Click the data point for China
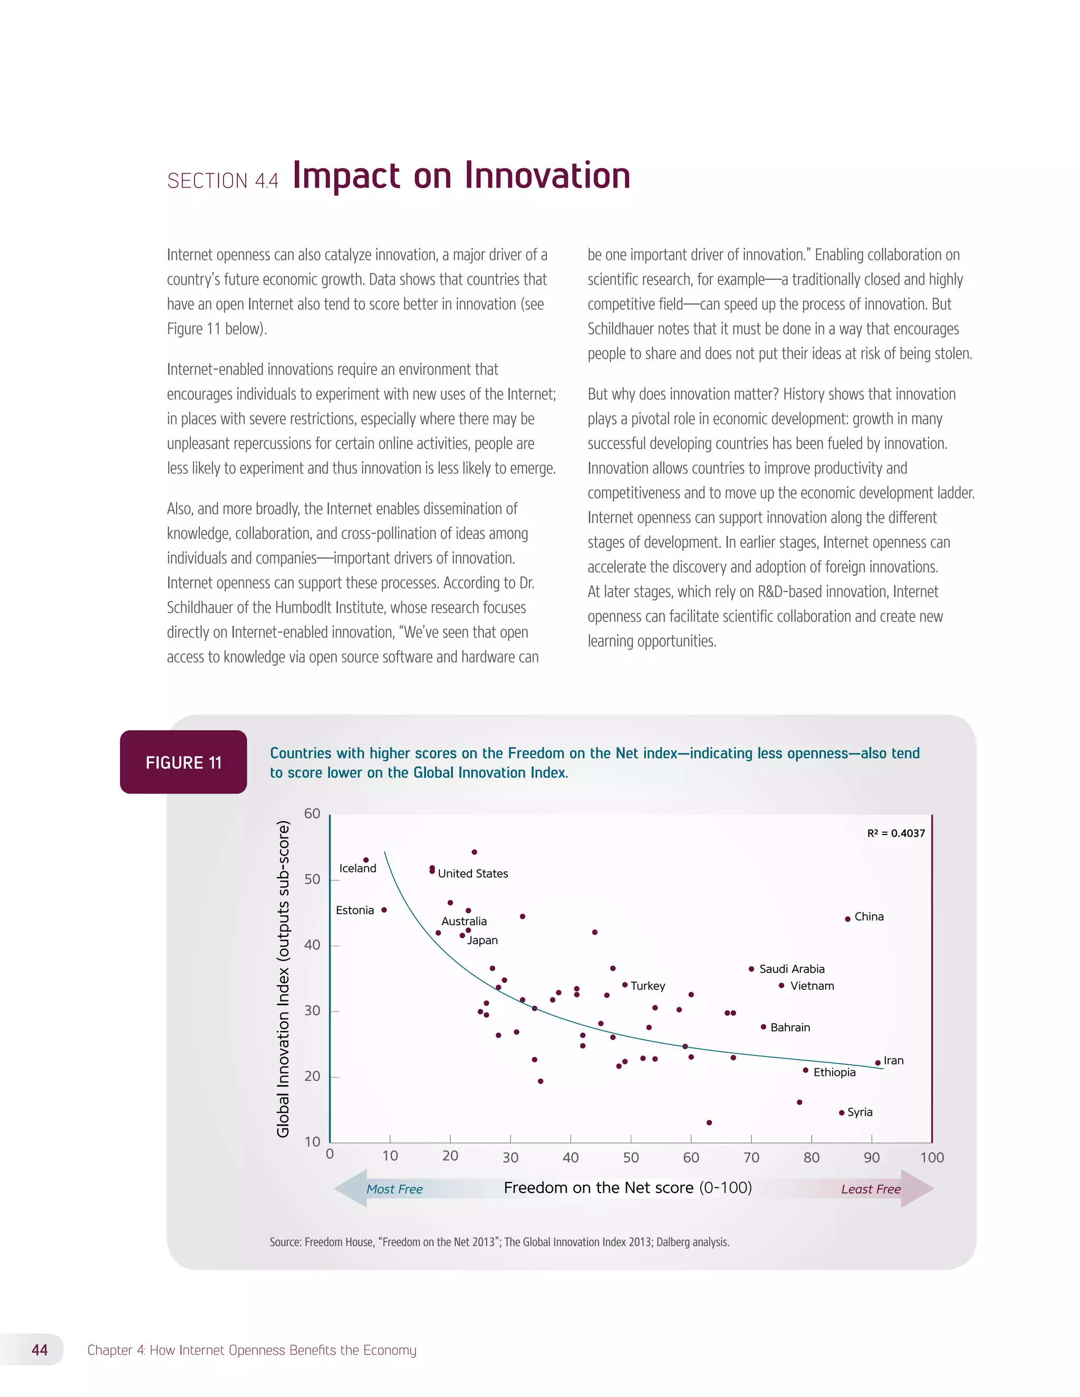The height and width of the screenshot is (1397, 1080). click(848, 919)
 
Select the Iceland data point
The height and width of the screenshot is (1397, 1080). click(366, 860)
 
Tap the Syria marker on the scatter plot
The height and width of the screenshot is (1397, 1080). click(841, 1112)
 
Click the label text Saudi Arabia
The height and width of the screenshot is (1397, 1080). click(792, 969)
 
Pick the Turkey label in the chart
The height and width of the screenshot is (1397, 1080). click(648, 986)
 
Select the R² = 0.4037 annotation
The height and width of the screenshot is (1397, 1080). click(896, 833)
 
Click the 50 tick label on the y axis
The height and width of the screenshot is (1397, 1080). click(312, 879)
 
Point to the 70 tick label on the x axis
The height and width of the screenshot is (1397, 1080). click(751, 1157)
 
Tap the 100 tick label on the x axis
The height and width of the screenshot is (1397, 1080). click(932, 1157)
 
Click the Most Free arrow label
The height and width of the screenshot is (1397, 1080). click(394, 1189)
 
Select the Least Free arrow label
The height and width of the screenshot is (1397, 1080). click(871, 1189)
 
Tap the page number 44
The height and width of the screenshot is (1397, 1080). click(40, 1350)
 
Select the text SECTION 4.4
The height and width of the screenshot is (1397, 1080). click(223, 181)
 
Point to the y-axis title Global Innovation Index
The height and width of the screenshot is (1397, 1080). click(283, 978)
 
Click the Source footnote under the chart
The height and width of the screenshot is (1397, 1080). click(499, 1241)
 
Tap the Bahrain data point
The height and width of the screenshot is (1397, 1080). click(763, 1026)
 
